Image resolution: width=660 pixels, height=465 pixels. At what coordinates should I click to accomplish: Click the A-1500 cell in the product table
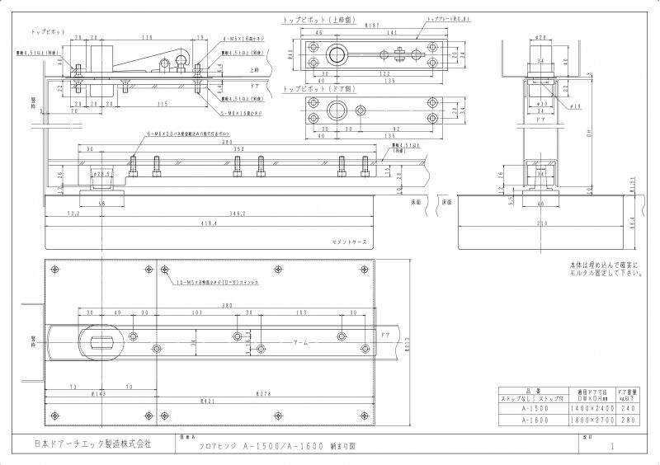coord(517,408)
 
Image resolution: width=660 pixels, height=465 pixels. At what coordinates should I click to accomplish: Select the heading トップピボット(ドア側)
coord(313,88)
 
